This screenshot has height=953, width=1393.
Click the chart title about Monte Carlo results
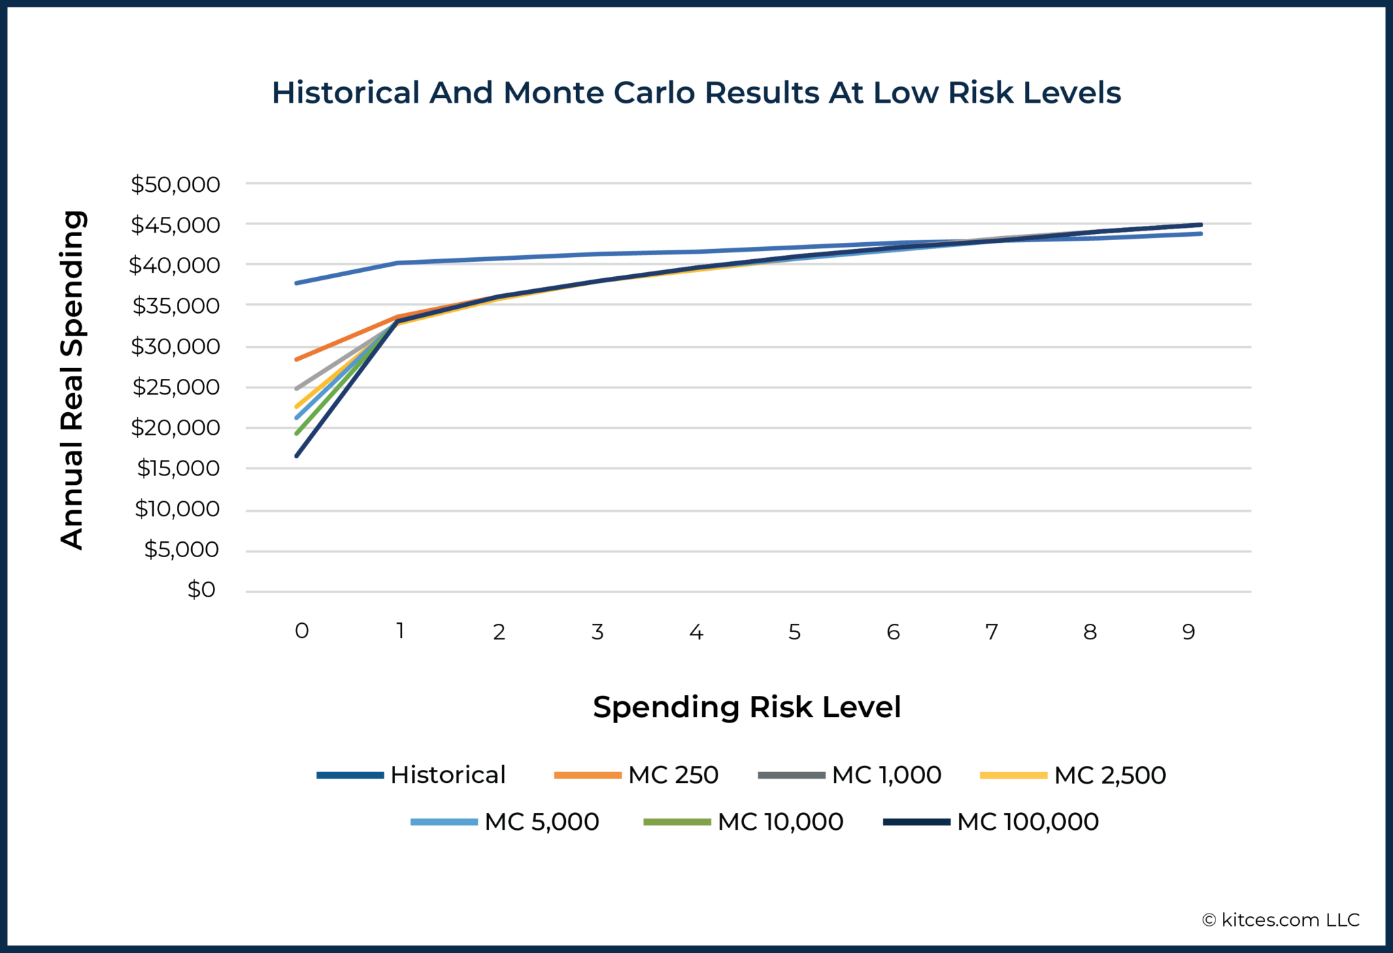[696, 93]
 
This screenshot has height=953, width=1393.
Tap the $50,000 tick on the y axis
[175, 184]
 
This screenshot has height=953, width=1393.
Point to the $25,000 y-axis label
[175, 387]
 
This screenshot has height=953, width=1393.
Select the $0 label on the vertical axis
[201, 590]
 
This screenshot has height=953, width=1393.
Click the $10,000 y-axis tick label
[177, 509]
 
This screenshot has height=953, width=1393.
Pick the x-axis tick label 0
[302, 631]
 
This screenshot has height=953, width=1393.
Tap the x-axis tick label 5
[794, 632]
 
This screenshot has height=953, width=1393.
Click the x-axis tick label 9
[1188, 632]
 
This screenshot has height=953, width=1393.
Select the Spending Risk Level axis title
[747, 707]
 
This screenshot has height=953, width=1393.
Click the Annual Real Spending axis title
[72, 380]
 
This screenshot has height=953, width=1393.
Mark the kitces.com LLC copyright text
[1281, 920]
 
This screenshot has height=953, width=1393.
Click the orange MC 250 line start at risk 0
[297, 359]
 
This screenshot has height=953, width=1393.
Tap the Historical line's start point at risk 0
[297, 283]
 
